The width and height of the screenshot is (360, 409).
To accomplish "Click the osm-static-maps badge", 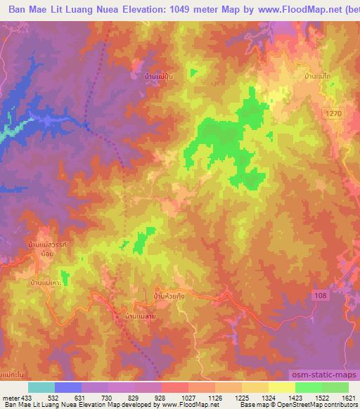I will point(324,377).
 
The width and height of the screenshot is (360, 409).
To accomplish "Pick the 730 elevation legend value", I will point(110,398).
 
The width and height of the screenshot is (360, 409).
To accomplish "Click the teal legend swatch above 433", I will point(41,387).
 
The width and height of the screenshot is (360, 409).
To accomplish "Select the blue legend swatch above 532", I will point(68,387).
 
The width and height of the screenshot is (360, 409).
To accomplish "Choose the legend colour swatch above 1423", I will point(282,387).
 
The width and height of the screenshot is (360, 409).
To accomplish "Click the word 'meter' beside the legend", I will point(12,398).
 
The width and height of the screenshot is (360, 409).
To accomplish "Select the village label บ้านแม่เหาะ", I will point(46,282).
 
